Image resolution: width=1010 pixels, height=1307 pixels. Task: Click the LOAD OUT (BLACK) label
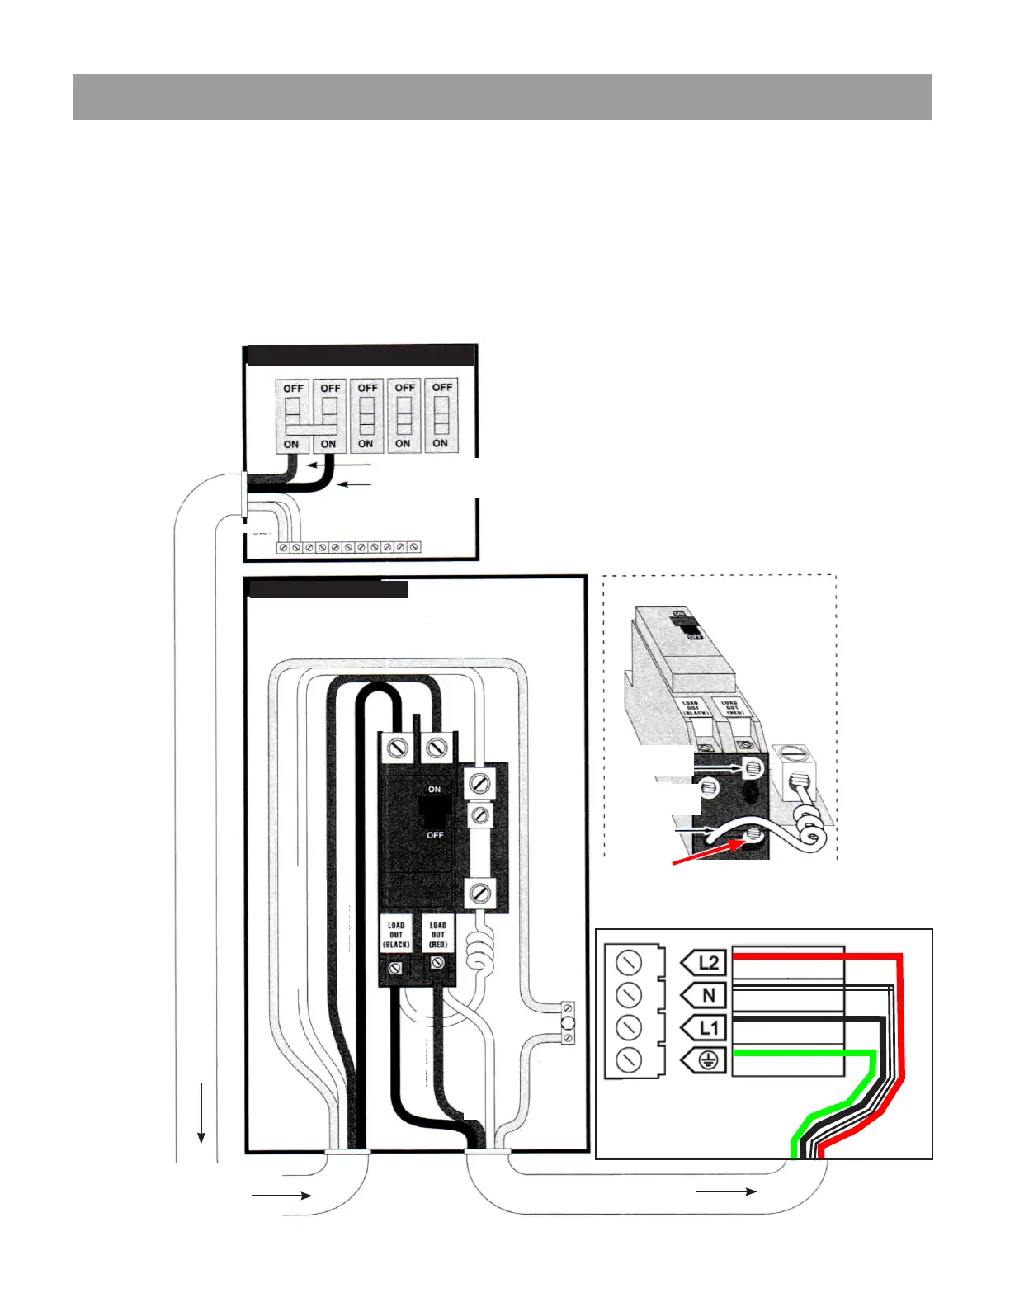pyautogui.click(x=396, y=935)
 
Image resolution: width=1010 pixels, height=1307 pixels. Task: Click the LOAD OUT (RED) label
pyautogui.click(x=437, y=935)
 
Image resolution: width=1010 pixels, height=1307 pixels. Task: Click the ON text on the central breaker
pyautogui.click(x=434, y=790)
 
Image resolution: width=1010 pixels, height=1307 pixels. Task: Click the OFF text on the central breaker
pyautogui.click(x=435, y=835)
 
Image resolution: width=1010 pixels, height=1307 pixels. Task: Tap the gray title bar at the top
pyautogui.click(x=502, y=97)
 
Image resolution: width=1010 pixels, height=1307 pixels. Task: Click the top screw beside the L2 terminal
pyautogui.click(x=629, y=962)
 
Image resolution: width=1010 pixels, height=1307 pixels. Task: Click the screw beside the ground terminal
pyautogui.click(x=629, y=1059)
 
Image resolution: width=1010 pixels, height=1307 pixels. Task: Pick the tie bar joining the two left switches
pyautogui.click(x=310, y=430)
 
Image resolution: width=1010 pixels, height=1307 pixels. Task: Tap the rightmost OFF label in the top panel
pyautogui.click(x=442, y=387)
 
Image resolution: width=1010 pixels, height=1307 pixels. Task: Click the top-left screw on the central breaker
pyautogui.click(x=398, y=748)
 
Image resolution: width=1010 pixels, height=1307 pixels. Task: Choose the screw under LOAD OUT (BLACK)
pyautogui.click(x=395, y=965)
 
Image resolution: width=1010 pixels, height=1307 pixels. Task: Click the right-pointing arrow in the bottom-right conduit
pyautogui.click(x=726, y=1191)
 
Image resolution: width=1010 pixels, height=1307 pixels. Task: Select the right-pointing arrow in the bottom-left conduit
pyautogui.click(x=281, y=1195)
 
